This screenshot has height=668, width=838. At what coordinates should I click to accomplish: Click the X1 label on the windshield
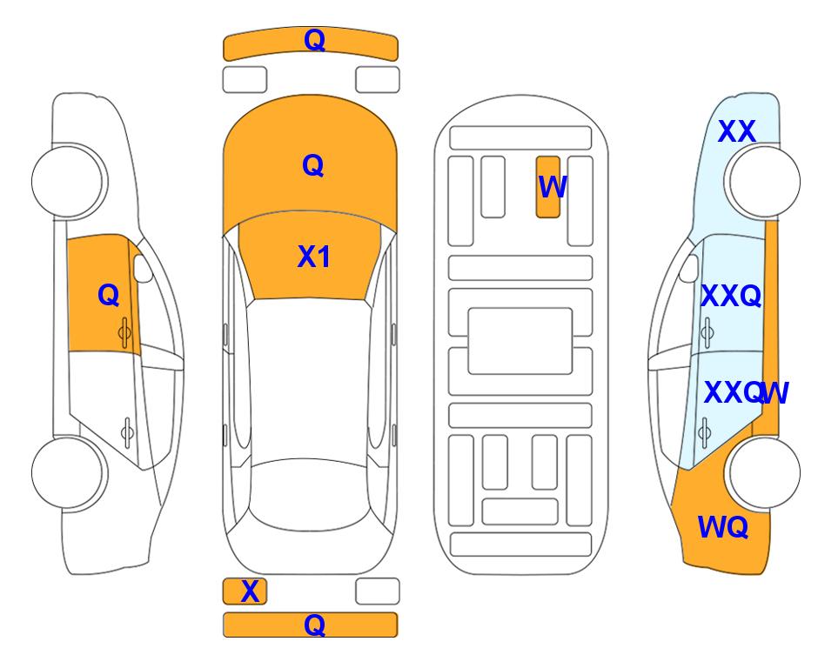(x=314, y=257)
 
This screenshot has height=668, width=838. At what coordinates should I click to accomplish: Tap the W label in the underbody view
(x=552, y=187)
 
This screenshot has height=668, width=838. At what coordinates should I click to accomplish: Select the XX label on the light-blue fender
(x=736, y=131)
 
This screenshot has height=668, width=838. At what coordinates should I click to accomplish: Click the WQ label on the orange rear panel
(x=722, y=527)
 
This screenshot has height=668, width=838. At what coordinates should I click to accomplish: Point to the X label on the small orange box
(x=250, y=591)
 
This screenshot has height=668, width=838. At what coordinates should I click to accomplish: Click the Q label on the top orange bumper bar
(x=314, y=40)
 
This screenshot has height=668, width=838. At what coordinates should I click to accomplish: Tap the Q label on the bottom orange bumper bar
(x=314, y=625)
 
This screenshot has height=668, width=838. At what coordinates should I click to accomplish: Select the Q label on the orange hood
(x=312, y=165)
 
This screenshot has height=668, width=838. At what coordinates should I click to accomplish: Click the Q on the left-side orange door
(x=109, y=295)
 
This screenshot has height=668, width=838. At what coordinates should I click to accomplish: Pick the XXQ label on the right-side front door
(x=731, y=296)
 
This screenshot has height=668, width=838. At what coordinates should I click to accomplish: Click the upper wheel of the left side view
(x=69, y=182)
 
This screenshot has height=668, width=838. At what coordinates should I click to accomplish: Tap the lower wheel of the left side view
(x=69, y=473)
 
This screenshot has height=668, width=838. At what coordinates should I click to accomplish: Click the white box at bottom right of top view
(x=378, y=591)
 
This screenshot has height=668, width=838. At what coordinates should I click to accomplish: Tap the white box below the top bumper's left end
(x=245, y=80)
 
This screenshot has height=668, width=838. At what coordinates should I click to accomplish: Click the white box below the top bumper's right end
(x=378, y=80)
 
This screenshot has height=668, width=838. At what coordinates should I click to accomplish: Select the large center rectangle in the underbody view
(x=520, y=341)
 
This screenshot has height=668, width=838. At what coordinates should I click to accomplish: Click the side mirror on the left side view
(x=142, y=268)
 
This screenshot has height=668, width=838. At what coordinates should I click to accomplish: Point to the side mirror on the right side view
(x=689, y=268)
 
